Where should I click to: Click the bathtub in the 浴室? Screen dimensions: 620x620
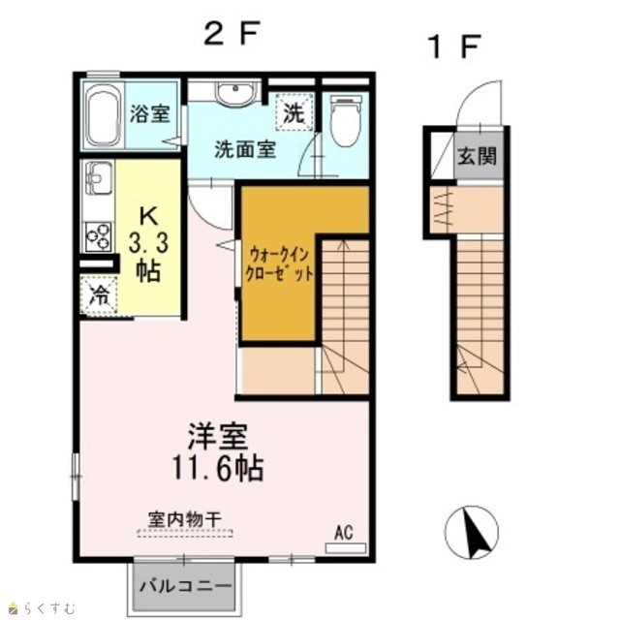point(103,116)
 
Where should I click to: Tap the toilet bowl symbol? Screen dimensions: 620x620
point(346,120)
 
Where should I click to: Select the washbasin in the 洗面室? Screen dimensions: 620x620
point(234,95)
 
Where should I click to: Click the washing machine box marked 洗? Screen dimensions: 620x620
point(294,112)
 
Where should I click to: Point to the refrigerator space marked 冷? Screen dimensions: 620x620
point(99,295)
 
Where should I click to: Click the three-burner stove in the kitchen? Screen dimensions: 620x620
point(99,236)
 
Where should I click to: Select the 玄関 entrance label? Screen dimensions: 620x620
point(477,156)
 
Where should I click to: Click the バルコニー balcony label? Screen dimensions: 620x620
point(184,585)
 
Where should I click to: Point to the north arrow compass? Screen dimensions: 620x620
point(472,532)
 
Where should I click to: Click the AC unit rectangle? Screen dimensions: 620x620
point(345,548)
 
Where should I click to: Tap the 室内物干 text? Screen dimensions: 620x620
point(184,520)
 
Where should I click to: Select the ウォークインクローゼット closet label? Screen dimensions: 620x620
point(279,263)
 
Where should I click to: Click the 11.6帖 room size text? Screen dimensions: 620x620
point(218,468)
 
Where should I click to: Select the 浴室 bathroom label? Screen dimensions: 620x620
point(150,114)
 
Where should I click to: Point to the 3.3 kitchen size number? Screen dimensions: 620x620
point(148,242)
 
